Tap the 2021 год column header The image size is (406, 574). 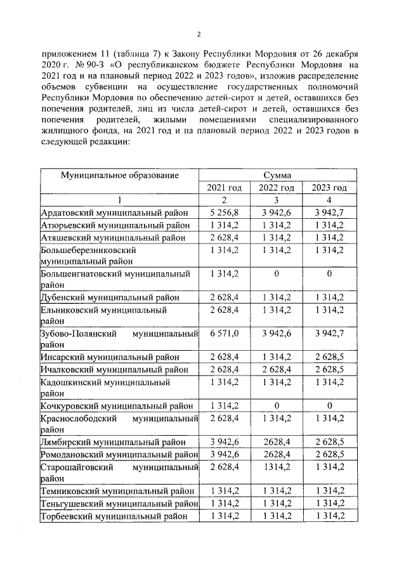pos(225,188)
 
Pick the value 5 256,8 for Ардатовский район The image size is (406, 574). pos(225,212)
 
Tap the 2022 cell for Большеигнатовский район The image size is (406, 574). pos(277,274)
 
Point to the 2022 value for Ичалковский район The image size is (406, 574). pos(277,369)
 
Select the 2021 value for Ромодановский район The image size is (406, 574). pos(225,454)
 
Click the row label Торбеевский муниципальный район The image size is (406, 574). pos(114,516)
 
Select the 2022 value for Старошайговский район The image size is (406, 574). pos(277,467)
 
